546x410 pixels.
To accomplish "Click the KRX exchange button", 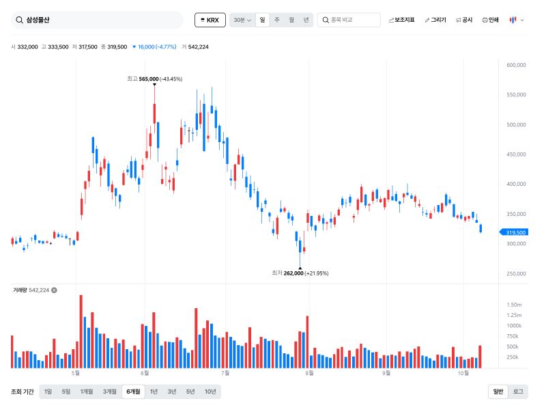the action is tap(210, 20).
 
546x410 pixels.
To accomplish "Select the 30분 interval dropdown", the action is tap(242, 20).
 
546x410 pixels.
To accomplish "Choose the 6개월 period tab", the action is tap(133, 392).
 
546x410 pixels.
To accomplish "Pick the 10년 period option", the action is tap(210, 392).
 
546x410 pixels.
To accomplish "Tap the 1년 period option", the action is tap(154, 392).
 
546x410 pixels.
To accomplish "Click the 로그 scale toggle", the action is tap(518, 392).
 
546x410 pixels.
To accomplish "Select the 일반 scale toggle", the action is tap(498, 392).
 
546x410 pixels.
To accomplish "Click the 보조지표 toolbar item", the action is tap(401, 20).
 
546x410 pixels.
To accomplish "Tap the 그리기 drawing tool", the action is tap(435, 20).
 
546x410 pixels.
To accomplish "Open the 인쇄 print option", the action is tap(490, 20).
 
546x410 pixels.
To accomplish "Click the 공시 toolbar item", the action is tap(464, 20).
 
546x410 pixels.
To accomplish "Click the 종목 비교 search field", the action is tap(349, 20).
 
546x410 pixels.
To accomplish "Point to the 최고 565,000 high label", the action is tap(155, 79).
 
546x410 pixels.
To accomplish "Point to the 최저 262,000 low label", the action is tap(300, 273).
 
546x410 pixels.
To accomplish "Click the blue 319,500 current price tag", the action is tap(514, 232).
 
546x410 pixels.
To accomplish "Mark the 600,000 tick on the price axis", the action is tap(516, 65).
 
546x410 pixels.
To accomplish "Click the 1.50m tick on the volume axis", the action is tap(514, 305).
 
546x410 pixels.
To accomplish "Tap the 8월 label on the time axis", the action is tap(309, 373).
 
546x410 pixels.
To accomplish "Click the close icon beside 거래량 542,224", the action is tap(55, 290).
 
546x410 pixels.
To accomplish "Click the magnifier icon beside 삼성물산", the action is tap(19, 20).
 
